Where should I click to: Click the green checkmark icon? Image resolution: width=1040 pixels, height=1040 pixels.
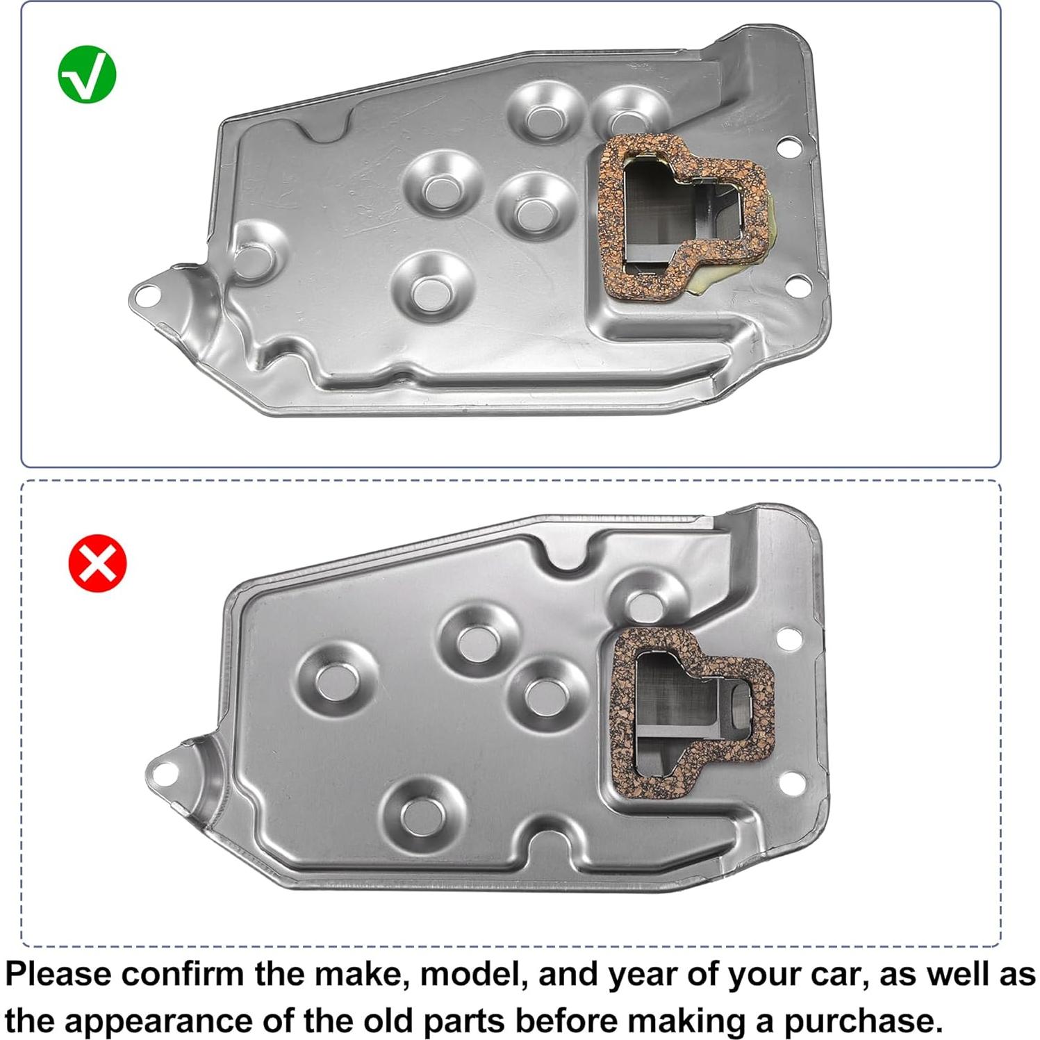tap(87, 75)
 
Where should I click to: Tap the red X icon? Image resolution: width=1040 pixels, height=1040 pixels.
tap(97, 563)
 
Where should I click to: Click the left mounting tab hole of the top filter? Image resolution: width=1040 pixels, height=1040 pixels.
tap(145, 296)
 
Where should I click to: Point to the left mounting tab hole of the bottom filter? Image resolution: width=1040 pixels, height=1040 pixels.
tap(163, 774)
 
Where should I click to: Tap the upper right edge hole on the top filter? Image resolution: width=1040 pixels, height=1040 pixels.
tap(788, 147)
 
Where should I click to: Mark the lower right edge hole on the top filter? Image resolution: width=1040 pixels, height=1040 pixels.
tap(799, 283)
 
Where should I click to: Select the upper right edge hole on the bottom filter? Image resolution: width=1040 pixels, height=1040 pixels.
tap(789, 638)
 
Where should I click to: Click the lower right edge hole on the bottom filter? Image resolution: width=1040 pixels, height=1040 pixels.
tap(792, 783)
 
